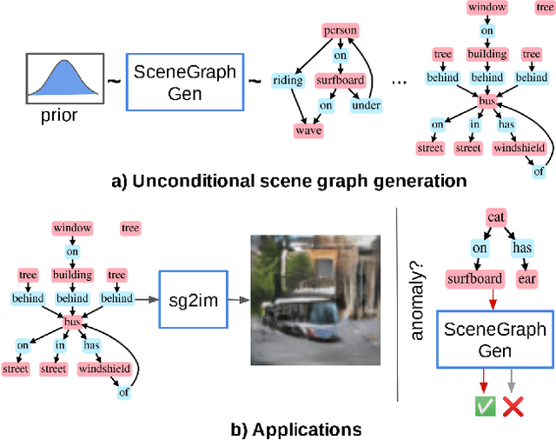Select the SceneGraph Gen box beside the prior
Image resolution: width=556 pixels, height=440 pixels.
[184, 83]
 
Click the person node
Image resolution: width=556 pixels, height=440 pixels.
[340, 31]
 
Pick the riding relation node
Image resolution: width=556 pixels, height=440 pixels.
[288, 81]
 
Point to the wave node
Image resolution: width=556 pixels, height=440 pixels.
[308, 131]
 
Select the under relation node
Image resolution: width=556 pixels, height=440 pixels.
[366, 106]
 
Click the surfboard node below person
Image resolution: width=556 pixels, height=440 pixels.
[340, 81]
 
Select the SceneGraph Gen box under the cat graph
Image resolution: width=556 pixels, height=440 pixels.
[495, 340]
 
